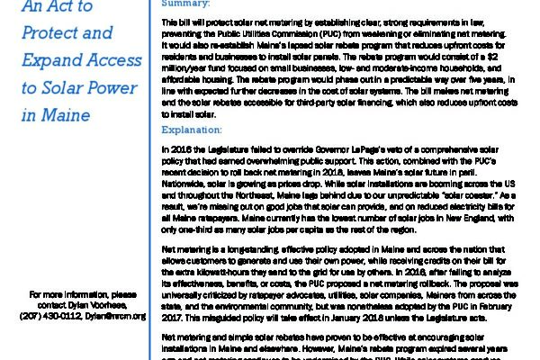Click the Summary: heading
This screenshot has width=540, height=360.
click(x=184, y=4)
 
